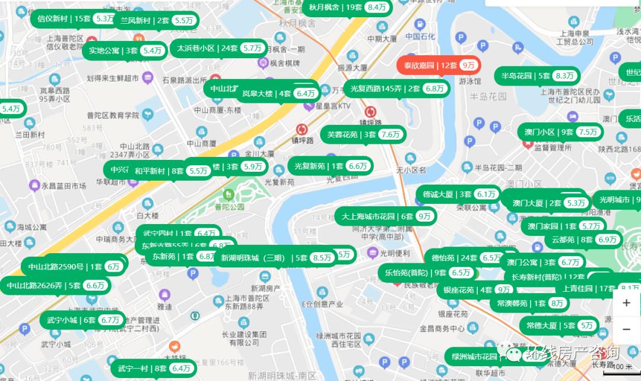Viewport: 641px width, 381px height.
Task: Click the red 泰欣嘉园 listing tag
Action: pyautogui.click(x=438, y=65)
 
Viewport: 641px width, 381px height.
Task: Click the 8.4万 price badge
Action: pyautogui.click(x=376, y=7)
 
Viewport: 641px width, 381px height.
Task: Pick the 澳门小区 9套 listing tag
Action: pyautogui.click(x=560, y=132)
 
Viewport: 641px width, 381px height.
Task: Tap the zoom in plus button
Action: pyautogui.click(x=626, y=303)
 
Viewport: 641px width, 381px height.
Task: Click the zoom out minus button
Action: pyautogui.click(x=626, y=329)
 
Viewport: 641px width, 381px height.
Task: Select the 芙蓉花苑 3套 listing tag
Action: pyautogui.click(x=363, y=134)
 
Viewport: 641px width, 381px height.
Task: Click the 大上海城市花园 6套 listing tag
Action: pyautogui.click(x=385, y=216)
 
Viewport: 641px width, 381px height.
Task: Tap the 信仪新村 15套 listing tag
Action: pyautogui.click(x=74, y=18)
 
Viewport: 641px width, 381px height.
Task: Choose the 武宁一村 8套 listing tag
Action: pyautogui.click(x=152, y=369)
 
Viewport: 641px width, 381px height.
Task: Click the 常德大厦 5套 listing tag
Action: pyautogui.click(x=559, y=325)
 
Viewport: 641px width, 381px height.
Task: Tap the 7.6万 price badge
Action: pyautogui.click(x=391, y=134)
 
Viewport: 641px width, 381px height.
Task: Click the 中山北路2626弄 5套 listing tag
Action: pyautogui.click(x=56, y=285)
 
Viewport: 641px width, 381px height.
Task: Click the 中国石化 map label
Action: pyautogui.click(x=421, y=36)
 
